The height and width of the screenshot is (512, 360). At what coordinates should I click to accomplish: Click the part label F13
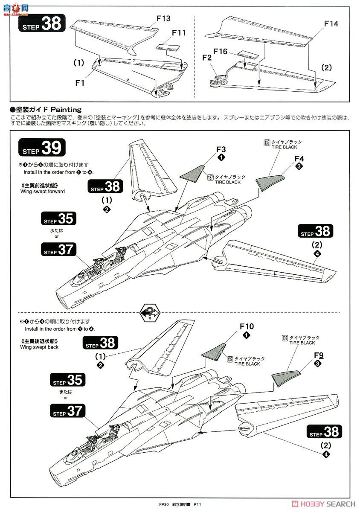click(163, 18)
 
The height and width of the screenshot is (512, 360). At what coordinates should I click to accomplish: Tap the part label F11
click(179, 33)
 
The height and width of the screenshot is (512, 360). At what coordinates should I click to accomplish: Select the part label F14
click(331, 24)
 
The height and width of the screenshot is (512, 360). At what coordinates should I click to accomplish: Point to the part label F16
click(221, 52)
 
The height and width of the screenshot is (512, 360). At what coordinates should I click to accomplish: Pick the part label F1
click(80, 83)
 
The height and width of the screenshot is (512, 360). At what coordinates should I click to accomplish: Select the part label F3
click(221, 149)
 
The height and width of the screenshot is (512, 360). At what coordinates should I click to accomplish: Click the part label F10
click(247, 326)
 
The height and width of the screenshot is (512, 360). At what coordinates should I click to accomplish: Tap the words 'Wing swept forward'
click(43, 192)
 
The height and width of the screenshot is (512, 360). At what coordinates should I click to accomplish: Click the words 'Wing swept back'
click(39, 347)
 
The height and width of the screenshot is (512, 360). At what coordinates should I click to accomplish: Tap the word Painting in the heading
click(66, 110)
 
